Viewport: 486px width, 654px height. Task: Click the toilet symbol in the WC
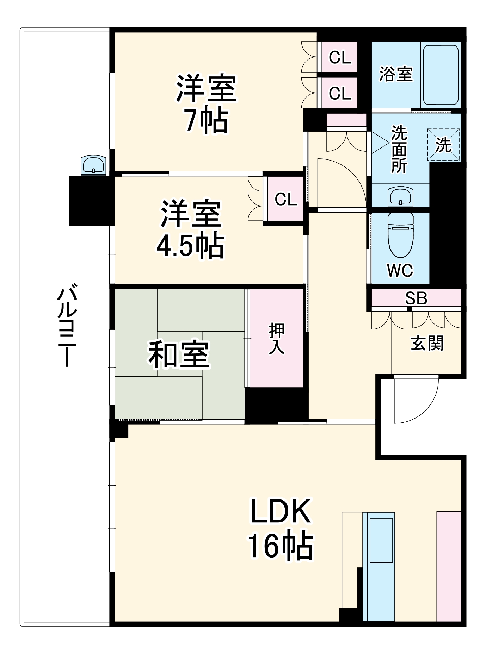pyautogui.click(x=400, y=235)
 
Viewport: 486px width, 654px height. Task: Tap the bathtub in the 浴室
pyautogui.click(x=441, y=75)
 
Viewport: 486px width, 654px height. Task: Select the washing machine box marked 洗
pyautogui.click(x=444, y=145)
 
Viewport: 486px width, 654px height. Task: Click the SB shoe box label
pyautogui.click(x=416, y=298)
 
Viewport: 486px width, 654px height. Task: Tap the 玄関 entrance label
pyautogui.click(x=427, y=343)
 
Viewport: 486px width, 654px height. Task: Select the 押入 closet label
pyautogui.click(x=277, y=338)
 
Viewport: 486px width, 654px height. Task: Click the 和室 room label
pyautogui.click(x=179, y=354)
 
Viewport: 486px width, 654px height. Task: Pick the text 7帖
pyautogui.click(x=207, y=121)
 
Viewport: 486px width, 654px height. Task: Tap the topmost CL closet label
pyautogui.click(x=340, y=57)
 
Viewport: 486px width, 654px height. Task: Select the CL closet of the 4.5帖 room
pyautogui.click(x=286, y=199)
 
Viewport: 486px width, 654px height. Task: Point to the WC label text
pyautogui.click(x=400, y=270)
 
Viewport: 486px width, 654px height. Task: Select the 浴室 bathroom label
pyautogui.click(x=396, y=74)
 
